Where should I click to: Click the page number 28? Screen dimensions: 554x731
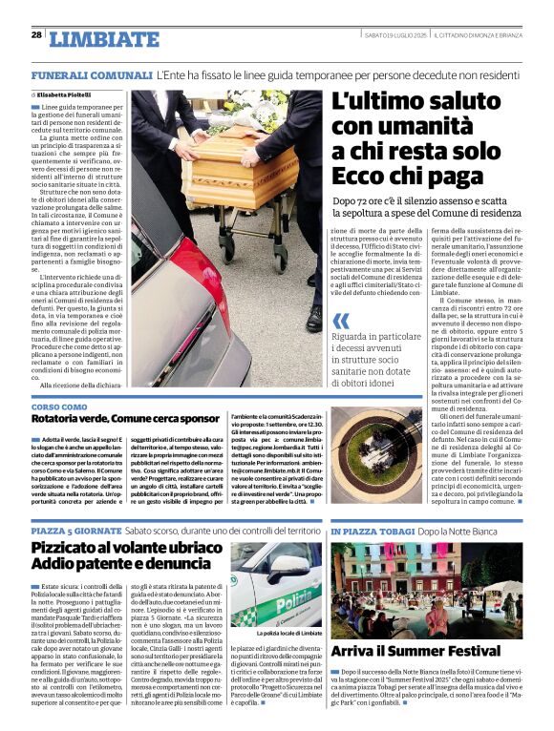pyautogui.click(x=36, y=34)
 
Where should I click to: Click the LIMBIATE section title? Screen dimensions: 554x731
pyautogui.click(x=104, y=39)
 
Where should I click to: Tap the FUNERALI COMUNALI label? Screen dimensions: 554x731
pyautogui.click(x=92, y=74)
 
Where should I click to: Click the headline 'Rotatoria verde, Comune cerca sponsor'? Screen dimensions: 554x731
pyautogui.click(x=125, y=420)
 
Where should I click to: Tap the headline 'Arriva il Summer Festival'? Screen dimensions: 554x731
pyautogui.click(x=415, y=652)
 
